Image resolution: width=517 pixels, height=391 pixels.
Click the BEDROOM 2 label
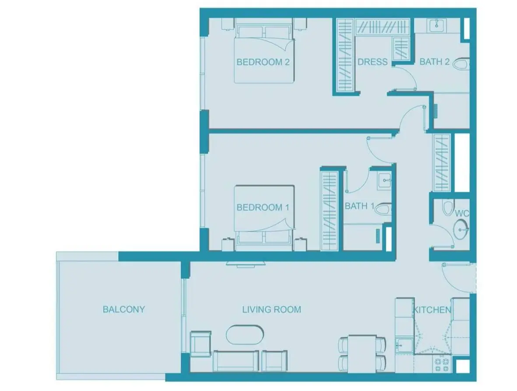point(263,62)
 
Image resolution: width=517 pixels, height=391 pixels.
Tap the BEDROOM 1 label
point(263,208)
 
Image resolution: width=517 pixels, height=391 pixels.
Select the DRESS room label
point(373,62)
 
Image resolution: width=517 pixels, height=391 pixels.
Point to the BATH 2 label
point(435,62)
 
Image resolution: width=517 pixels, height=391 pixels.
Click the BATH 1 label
point(359,206)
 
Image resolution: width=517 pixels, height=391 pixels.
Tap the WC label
point(462,214)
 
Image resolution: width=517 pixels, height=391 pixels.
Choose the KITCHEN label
point(432,310)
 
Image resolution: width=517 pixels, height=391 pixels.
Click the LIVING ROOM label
point(272,310)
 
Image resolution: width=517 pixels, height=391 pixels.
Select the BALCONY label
point(124,309)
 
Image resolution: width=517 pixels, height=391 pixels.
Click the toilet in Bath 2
point(461,63)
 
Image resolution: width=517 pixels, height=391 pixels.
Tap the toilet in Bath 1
point(383,208)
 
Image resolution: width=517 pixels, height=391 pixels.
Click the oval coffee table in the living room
point(245,335)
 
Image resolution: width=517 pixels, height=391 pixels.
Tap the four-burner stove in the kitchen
point(442,364)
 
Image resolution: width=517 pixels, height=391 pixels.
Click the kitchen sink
point(404,345)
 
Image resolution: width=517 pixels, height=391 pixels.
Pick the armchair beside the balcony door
point(201,344)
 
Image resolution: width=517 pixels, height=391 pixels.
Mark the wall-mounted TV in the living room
point(246,264)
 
